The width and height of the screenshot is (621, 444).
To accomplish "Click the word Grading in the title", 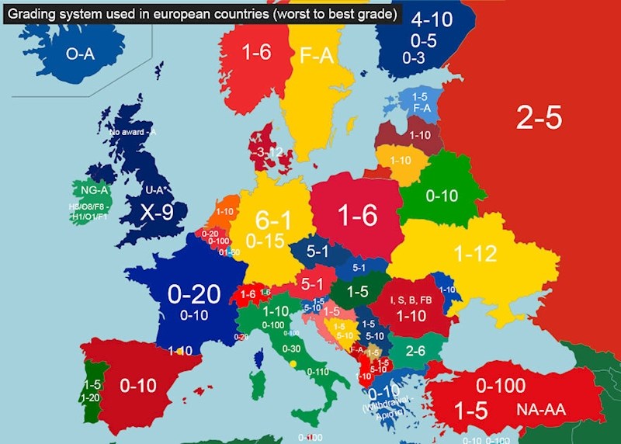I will click(x=33, y=13).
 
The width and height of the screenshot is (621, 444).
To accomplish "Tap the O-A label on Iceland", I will click(x=82, y=54).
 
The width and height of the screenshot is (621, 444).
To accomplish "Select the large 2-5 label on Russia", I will click(x=539, y=118).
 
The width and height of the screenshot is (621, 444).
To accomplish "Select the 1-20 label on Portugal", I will click(x=92, y=397).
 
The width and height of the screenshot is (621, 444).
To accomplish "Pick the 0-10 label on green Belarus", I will click(x=442, y=196).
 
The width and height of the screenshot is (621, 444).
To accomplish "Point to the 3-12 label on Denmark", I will click(x=272, y=152).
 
